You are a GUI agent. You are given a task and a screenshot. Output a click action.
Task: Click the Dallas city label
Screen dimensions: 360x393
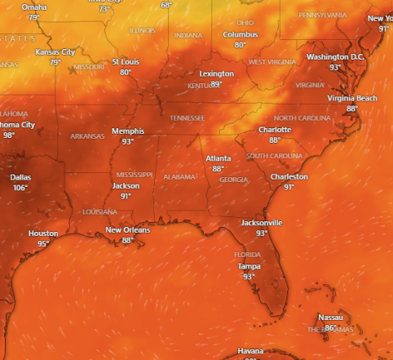[20, 177]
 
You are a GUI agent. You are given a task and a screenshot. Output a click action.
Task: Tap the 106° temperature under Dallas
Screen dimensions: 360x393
[20, 188]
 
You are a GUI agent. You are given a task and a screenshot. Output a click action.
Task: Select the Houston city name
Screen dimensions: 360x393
[43, 233]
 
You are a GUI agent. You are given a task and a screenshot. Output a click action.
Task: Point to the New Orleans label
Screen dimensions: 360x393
[127, 230]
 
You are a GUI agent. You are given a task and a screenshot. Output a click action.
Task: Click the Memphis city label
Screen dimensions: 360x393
[128, 131]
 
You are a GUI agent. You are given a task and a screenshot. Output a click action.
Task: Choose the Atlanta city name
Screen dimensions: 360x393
[218, 158]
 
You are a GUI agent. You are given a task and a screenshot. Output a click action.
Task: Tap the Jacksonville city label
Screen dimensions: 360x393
[262, 223]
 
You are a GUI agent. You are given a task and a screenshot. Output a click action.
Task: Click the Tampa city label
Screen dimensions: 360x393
[249, 266]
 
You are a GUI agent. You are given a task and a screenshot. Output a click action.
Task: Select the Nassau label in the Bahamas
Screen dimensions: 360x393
[330, 318]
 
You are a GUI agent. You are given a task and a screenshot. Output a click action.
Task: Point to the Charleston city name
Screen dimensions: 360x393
[289, 176]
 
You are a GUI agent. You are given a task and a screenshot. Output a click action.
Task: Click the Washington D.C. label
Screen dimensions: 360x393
[335, 57]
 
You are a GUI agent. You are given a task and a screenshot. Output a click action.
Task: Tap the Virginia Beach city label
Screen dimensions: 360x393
[352, 98]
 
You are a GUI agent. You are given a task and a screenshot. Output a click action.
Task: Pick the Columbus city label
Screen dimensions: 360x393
[241, 35]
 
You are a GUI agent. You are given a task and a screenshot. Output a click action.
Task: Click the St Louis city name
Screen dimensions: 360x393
[126, 62]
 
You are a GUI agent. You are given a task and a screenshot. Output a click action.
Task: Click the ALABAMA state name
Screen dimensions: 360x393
[179, 177]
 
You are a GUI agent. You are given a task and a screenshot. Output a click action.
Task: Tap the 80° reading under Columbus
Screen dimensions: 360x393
[240, 45]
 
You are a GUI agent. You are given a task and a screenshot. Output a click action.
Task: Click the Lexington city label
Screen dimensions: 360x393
[217, 74]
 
